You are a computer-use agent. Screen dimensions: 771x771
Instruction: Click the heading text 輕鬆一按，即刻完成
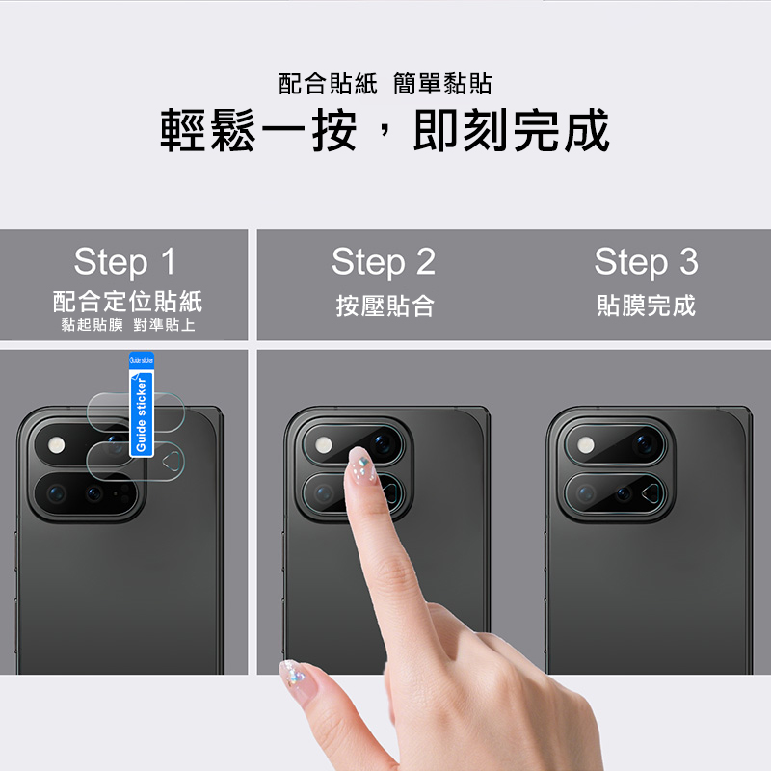coord(385,130)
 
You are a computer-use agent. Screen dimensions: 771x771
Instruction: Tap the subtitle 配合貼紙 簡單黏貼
coord(385,84)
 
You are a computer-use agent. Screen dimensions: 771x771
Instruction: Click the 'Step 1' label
coord(124,261)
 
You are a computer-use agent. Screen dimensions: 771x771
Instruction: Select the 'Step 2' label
coord(384,261)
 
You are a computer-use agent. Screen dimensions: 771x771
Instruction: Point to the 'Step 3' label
coord(646,261)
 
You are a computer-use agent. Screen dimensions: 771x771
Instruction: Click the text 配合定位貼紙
coord(127,301)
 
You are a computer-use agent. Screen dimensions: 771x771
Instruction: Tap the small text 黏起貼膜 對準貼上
coord(128,325)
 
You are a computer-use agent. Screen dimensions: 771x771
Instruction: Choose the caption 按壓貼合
coord(385,306)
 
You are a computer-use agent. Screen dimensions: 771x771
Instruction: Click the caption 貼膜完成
coord(646,305)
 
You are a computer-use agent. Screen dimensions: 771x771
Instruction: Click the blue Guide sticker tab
coord(141,404)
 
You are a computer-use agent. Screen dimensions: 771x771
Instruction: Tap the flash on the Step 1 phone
coord(57,445)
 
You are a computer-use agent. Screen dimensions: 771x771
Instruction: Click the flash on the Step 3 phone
coord(585,445)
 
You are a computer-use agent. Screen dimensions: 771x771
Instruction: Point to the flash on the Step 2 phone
coord(323,445)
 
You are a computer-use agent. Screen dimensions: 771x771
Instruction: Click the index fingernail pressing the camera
coord(361,464)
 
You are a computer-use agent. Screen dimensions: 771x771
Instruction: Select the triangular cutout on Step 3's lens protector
coord(651,492)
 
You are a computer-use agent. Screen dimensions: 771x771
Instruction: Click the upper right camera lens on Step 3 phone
coord(644,444)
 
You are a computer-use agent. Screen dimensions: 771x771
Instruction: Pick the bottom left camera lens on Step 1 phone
coord(57,492)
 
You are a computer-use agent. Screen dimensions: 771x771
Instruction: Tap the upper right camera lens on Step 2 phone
coord(382,444)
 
